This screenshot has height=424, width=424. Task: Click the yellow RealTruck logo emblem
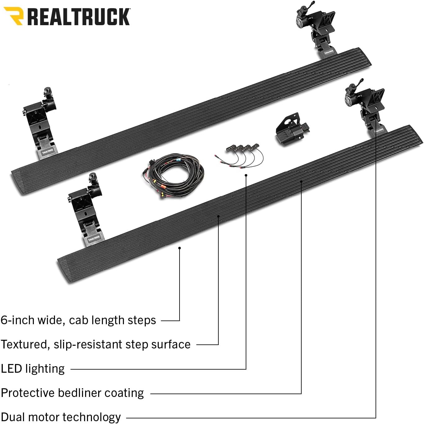(14, 16)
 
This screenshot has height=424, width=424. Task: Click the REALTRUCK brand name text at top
(79, 17)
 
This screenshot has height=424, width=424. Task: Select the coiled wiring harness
(173, 176)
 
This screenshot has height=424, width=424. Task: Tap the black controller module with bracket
(292, 130)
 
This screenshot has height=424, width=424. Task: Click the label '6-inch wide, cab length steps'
(78, 320)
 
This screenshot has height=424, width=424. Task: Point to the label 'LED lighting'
(33, 369)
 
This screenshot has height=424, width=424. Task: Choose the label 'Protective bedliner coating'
(72, 393)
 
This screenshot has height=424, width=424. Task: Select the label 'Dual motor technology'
(61, 417)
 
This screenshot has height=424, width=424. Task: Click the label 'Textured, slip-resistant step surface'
(95, 344)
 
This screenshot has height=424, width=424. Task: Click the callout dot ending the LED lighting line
(246, 175)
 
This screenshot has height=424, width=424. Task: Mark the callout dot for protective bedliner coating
(301, 181)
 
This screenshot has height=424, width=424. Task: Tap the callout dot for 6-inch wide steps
(180, 248)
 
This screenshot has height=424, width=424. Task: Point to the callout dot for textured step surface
(218, 216)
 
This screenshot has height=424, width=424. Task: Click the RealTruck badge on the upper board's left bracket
(48, 151)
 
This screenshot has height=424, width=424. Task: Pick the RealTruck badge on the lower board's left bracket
(94, 238)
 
